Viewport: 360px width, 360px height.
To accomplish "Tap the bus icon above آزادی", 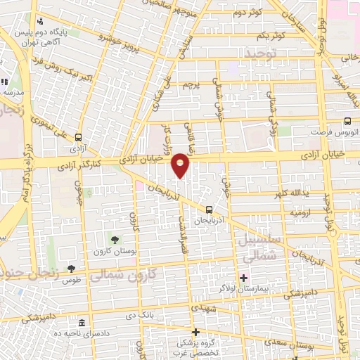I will click(78, 138).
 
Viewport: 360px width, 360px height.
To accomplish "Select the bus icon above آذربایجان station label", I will click(209, 210).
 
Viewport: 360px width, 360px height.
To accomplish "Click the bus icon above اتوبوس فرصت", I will click(349, 120).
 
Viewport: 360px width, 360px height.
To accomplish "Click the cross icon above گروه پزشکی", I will click(196, 332).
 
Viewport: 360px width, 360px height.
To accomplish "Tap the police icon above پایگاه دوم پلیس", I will click(39, 22).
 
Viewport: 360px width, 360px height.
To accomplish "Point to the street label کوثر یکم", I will click(270, 34).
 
